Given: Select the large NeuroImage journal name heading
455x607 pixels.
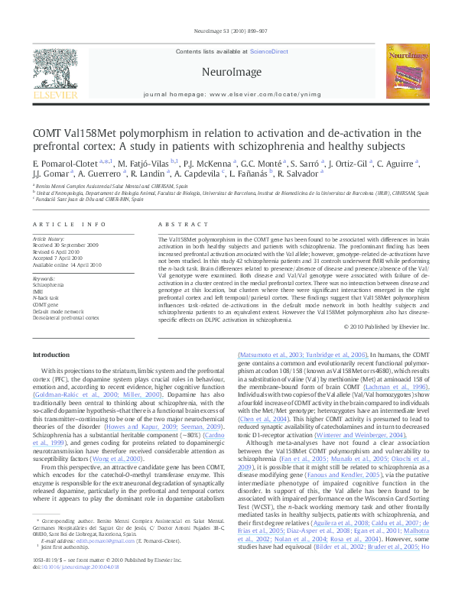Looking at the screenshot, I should (226, 71).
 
